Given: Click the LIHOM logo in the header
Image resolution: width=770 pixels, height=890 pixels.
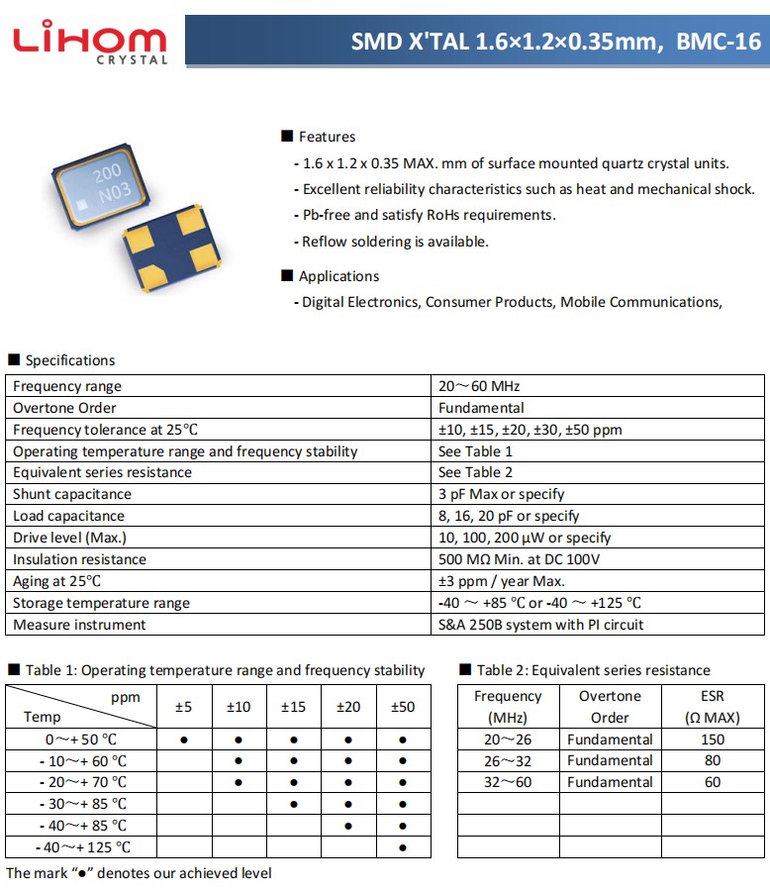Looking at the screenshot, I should pyautogui.click(x=89, y=41).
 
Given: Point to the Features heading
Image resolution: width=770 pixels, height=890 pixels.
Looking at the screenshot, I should pyautogui.click(x=326, y=137).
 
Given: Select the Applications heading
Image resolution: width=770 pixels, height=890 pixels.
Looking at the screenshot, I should pyautogui.click(x=337, y=276).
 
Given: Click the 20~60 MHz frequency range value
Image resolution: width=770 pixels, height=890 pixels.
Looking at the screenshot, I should pyautogui.click(x=479, y=386).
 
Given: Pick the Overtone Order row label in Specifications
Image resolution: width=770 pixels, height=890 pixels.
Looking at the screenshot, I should pyautogui.click(x=64, y=408).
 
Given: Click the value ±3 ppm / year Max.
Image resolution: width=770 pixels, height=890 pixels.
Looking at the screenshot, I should pyautogui.click(x=502, y=581).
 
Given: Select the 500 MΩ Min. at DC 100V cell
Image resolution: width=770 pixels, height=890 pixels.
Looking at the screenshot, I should pyautogui.click(x=519, y=559).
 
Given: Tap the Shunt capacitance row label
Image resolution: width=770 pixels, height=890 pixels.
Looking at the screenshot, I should pyautogui.click(x=72, y=494).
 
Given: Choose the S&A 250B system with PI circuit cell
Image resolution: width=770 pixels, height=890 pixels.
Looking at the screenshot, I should pyautogui.click(x=540, y=625).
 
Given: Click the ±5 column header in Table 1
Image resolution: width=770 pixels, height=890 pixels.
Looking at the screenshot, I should pyautogui.click(x=184, y=707).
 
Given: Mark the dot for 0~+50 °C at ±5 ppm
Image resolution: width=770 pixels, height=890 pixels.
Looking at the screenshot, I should pyautogui.click(x=184, y=740).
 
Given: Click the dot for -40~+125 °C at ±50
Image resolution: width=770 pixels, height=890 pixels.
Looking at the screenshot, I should pyautogui.click(x=403, y=847).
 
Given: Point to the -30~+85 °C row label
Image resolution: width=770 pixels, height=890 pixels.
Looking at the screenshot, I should pyautogui.click(x=83, y=804).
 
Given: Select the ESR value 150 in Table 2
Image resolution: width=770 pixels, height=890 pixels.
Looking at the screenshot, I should pyautogui.click(x=712, y=740).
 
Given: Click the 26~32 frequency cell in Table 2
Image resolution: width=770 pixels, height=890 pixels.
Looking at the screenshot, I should pyautogui.click(x=508, y=760).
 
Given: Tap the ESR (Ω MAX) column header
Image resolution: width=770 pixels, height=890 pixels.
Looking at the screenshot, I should pyautogui.click(x=712, y=707).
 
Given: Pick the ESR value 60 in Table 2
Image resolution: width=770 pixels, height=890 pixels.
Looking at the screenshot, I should pyautogui.click(x=712, y=782).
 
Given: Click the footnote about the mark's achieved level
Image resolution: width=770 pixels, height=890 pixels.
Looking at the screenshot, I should pyautogui.click(x=139, y=873).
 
